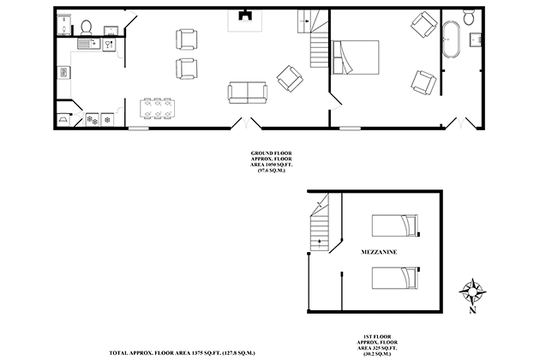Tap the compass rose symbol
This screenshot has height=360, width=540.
471,291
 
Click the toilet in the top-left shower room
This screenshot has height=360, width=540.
86,26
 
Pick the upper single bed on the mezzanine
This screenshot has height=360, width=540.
396,225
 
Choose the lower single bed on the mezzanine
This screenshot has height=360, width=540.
396,278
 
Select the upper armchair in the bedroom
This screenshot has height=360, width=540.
423,25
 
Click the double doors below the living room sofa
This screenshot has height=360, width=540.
244,124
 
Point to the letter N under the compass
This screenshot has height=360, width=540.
471,311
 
